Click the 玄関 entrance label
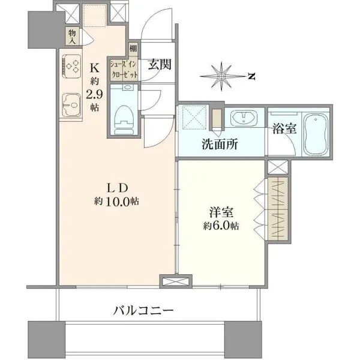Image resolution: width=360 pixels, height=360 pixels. click(160, 64)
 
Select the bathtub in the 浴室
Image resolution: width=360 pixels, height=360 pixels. click(316, 134)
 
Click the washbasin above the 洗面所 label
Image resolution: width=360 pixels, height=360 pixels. click(244, 118)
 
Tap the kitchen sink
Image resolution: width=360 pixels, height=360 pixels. click(71, 105)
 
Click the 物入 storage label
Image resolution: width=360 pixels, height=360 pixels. click(72, 37)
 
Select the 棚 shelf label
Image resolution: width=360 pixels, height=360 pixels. click(133, 49)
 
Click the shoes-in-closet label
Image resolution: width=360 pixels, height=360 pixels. click(124, 70)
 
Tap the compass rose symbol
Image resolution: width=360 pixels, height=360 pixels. click(221, 76)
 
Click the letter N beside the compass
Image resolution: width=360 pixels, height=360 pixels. click(252, 76)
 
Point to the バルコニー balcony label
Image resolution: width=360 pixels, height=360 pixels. click(143, 311)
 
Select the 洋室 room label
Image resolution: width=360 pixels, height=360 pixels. click(221, 212)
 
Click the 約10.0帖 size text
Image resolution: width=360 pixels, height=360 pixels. click(116, 202)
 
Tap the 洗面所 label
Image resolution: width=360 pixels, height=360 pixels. click(220, 145)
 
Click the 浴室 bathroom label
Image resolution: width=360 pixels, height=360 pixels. click(284, 128)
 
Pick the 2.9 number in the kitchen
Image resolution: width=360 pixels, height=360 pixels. click(94, 94)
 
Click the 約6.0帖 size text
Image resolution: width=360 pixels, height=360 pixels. click(221, 226)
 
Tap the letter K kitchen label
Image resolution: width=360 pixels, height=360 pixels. click(94, 68)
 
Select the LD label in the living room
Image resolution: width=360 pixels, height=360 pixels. click(118, 188)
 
